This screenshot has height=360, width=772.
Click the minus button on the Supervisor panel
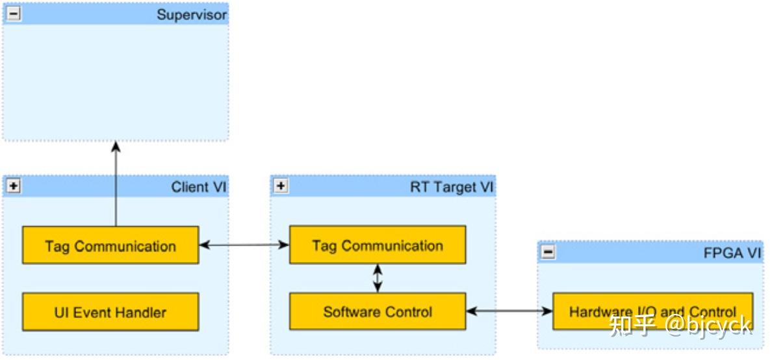point(14,14)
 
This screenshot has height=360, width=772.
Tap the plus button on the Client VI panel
point(14,187)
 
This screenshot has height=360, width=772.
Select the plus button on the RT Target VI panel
point(281,187)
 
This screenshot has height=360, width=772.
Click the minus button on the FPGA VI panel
point(548,253)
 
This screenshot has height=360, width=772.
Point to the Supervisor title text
point(192,15)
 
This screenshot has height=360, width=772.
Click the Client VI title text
point(199,188)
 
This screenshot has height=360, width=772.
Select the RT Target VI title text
point(452,188)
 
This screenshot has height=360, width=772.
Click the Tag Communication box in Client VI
point(110,246)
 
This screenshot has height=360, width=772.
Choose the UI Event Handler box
point(110,312)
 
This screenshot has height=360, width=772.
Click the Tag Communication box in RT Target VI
point(378,245)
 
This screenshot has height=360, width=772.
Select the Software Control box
point(378,312)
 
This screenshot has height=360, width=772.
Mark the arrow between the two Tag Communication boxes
point(244,245)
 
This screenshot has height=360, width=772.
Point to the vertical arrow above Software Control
point(378,278)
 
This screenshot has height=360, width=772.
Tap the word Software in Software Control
point(351,312)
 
